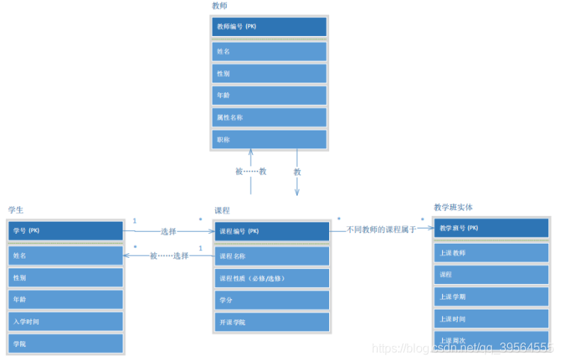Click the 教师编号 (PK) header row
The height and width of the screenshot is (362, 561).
tap(269, 27)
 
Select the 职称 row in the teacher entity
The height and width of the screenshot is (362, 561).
tap(269, 139)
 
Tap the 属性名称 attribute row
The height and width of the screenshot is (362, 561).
tap(269, 118)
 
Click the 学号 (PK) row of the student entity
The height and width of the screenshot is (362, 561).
tap(66, 231)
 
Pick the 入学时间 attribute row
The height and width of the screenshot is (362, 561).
tap(66, 322)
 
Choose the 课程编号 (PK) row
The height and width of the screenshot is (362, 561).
tap(272, 231)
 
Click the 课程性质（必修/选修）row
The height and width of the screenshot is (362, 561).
tap(272, 278)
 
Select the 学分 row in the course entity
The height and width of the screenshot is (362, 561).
tap(272, 300)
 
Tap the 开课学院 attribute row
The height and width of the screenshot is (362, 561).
tap(272, 322)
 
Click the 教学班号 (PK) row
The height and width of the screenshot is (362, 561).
tap(491, 228)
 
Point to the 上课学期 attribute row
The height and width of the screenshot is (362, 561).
tap(491, 297)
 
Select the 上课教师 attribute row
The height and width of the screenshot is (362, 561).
tap(491, 253)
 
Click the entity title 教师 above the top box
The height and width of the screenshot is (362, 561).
tap(219, 6)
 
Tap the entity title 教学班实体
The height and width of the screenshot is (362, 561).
tap(453, 207)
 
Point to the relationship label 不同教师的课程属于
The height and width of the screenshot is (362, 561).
tap(381, 230)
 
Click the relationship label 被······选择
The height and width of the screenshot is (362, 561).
tap(169, 256)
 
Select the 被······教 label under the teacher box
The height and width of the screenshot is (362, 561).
tap(251, 172)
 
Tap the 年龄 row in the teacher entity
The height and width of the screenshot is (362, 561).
tap(269, 95)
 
